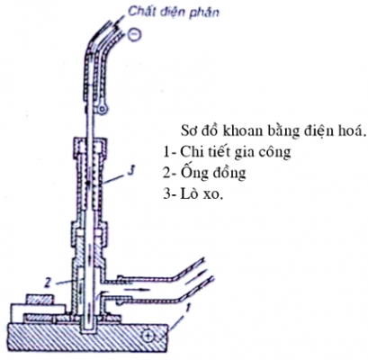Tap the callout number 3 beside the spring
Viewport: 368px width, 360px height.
130,172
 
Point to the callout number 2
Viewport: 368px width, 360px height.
47,282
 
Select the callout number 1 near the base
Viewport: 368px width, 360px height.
187,307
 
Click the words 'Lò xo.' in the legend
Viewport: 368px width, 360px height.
202,194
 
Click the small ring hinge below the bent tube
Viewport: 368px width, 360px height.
103,110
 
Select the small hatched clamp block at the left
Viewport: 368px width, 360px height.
40,300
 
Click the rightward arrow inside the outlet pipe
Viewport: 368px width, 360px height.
137,290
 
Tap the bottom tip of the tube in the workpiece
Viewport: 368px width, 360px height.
89,332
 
